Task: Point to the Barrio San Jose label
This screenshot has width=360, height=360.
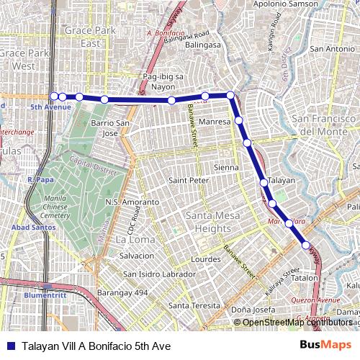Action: coord(110,128)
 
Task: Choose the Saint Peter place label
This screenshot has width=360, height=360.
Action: coord(188,180)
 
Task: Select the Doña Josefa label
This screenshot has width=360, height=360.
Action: coord(253,311)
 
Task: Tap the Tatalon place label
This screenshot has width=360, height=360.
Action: coord(305,277)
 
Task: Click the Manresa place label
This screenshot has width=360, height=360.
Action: coord(214,122)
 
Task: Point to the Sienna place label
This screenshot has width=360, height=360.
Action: coord(226,167)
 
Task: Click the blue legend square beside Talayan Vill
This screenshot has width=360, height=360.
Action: coord(10,346)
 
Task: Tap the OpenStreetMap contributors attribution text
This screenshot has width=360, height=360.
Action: coord(297,323)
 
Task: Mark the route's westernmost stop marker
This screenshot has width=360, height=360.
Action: coord(54,96)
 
